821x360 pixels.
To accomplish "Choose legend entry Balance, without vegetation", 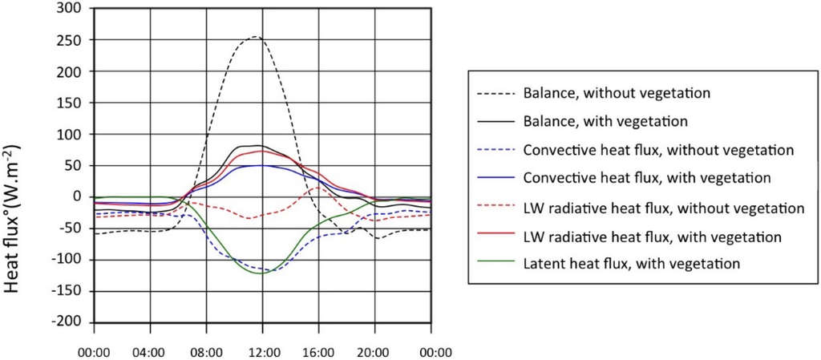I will click(617, 92).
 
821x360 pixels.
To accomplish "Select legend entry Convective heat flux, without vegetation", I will click(657, 149).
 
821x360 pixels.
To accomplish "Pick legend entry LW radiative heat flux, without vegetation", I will click(663, 208).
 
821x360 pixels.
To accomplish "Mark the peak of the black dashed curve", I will click(255, 36).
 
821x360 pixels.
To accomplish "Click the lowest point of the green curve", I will click(257, 273).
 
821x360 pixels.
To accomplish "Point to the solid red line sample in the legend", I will click(494, 237).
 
